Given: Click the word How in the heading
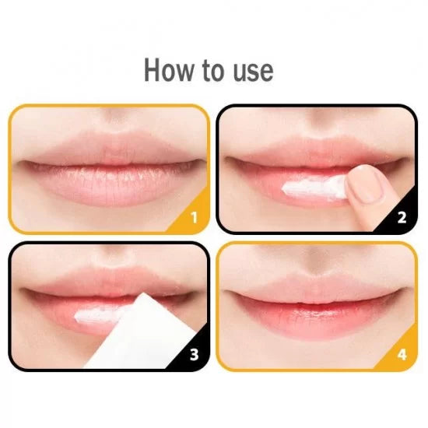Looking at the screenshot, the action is (168, 70).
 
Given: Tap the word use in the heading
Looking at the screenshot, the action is (253, 72).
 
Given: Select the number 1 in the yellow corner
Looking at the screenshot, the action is (194, 218).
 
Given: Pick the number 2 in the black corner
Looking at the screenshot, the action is (402, 218).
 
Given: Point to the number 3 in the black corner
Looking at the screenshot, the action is (194, 355).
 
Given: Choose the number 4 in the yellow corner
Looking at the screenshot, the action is (402, 355).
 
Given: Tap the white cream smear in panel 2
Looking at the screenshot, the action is (314, 188).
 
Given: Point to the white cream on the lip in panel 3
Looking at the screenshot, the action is (98, 314).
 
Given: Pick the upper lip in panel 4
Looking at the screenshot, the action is (317, 288).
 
